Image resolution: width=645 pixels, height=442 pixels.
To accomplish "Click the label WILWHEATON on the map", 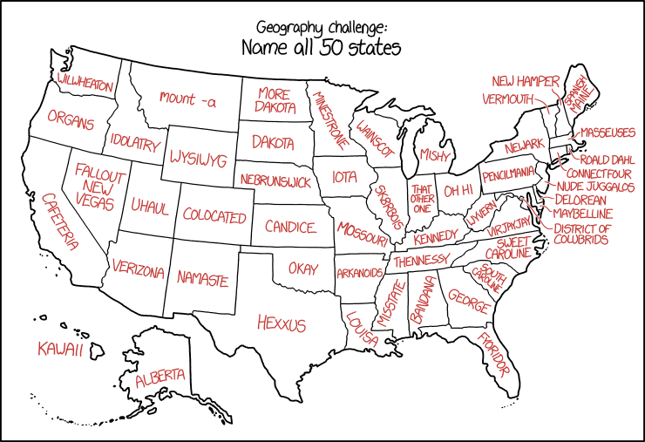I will pyautogui.click(x=85, y=81).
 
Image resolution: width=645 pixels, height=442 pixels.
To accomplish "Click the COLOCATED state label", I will pyautogui.click(x=214, y=215).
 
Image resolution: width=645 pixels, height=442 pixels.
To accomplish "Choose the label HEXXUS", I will pyautogui.click(x=282, y=323).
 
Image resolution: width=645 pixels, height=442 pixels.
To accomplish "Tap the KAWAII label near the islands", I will pyautogui.click(x=60, y=350).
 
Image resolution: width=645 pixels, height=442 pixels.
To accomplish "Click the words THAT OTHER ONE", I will pyautogui.click(x=423, y=198).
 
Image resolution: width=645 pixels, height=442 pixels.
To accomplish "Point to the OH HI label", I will pyautogui.click(x=458, y=190).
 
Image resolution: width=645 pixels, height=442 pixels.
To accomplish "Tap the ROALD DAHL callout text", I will pyautogui.click(x=608, y=160).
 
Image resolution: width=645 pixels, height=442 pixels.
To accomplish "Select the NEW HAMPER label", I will pyautogui.click(x=525, y=81).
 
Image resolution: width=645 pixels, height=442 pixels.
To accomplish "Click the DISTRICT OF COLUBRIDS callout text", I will pyautogui.click(x=582, y=234).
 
